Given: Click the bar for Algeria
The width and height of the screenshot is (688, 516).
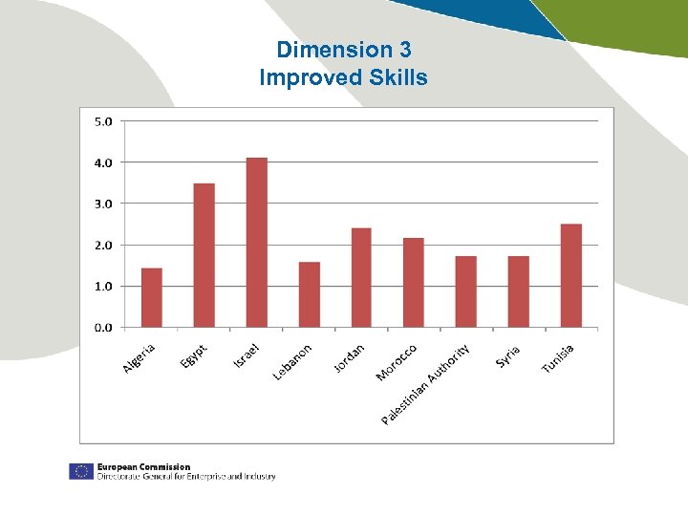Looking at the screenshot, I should pyautogui.click(x=152, y=297).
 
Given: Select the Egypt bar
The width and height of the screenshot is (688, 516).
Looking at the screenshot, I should pyautogui.click(x=204, y=255).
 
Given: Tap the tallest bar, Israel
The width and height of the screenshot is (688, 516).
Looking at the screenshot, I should pyautogui.click(x=257, y=243).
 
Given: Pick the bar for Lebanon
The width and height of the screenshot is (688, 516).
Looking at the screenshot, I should pyautogui.click(x=310, y=294).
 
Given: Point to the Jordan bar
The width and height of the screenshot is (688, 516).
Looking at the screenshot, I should pyautogui.click(x=361, y=277).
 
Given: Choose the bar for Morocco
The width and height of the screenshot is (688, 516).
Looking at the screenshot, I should pyautogui.click(x=414, y=283).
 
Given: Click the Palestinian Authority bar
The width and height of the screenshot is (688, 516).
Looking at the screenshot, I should pyautogui.click(x=466, y=291).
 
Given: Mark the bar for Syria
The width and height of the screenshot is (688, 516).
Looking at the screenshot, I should pyautogui.click(x=519, y=291).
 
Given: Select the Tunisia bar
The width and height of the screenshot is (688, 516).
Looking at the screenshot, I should pyautogui.click(x=571, y=275).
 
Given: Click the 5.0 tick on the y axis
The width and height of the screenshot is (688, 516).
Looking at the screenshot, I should pyautogui.click(x=102, y=121).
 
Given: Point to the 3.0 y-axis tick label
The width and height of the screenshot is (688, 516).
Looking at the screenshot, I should pyautogui.click(x=102, y=204).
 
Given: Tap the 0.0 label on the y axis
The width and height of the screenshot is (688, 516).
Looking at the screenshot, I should pyautogui.click(x=102, y=328).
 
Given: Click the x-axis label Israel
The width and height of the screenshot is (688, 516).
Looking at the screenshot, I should pyautogui.click(x=247, y=355).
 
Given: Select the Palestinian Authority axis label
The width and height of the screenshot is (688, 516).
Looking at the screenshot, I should pyautogui.click(x=426, y=384).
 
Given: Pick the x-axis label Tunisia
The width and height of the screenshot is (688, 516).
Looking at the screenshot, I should pyautogui.click(x=558, y=359).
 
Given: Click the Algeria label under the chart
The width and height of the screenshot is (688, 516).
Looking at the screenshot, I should pyautogui.click(x=140, y=358).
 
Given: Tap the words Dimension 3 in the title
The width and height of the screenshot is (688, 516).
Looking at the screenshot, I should pyautogui.click(x=343, y=50).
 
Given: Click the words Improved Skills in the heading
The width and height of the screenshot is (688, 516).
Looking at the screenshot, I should pyautogui.click(x=343, y=77).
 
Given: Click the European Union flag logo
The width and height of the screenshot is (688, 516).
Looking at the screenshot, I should pyautogui.click(x=80, y=471).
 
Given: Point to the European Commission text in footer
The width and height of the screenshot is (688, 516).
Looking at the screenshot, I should pyautogui.click(x=143, y=467).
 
